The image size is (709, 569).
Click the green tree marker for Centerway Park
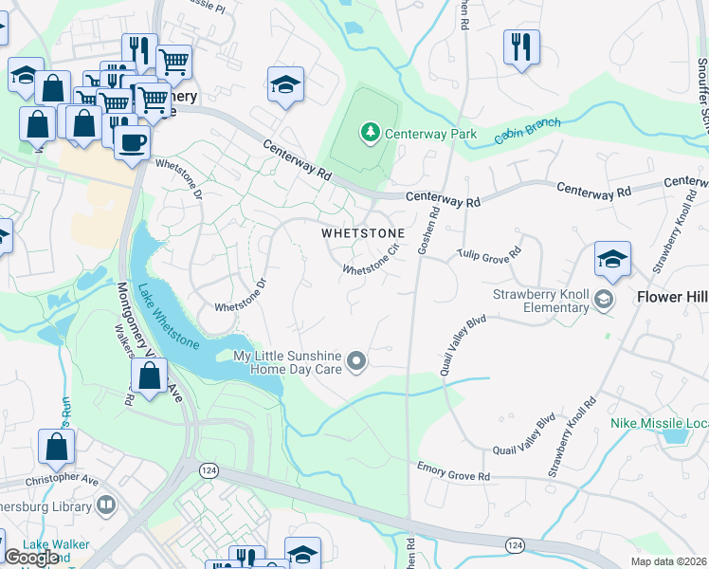370,133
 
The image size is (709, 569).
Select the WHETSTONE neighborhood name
362,232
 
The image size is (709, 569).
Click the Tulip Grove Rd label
490,254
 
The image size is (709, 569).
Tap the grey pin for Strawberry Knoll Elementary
602,301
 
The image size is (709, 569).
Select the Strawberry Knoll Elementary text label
540,301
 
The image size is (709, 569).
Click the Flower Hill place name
671,297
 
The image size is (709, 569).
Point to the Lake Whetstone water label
170,318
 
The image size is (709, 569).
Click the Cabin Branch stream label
527,132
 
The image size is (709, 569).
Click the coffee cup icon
132,142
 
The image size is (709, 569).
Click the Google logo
31,558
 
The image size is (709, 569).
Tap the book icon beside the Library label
107,505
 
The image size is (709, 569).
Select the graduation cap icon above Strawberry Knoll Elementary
612,259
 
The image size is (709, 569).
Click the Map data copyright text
668,561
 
